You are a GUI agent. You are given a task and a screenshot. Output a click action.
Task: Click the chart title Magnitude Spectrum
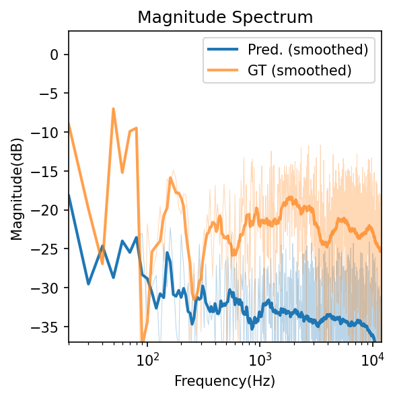click(225, 17)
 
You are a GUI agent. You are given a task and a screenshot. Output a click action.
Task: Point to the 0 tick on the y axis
click(57, 55)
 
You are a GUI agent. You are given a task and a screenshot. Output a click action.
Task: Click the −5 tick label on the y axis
click(52, 94)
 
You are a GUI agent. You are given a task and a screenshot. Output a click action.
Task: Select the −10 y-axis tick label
click(48, 133)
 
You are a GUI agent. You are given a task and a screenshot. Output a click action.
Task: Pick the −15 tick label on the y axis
click(48, 171)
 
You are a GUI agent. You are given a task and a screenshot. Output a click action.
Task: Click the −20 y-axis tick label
click(48, 210)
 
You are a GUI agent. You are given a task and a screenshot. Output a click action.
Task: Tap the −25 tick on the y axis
click(48, 249)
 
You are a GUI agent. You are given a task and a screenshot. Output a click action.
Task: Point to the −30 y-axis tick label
click(48, 288)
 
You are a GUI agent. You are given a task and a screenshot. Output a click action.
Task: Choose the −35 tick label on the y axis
click(48, 327)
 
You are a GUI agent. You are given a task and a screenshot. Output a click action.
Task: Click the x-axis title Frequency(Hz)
click(225, 380)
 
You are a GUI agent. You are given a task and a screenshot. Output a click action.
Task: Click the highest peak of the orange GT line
click(114, 108)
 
